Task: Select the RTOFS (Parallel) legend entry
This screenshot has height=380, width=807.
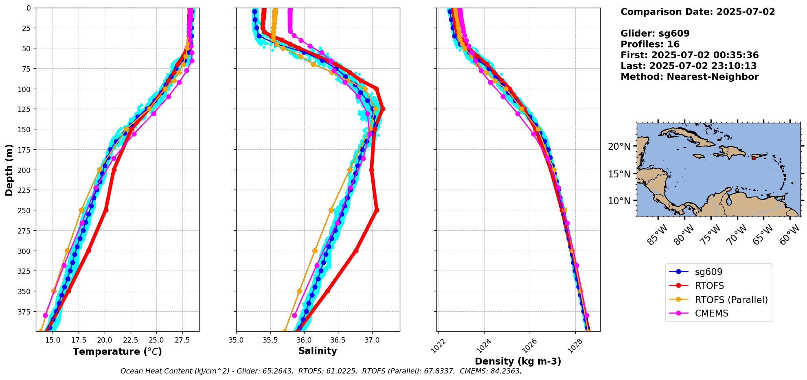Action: pyautogui.click(x=731, y=300)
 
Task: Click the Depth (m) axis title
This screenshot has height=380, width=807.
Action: pyautogui.click(x=9, y=170)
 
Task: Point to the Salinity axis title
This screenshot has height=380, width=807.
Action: pyautogui.click(x=318, y=351)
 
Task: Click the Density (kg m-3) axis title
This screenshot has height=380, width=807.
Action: pyautogui.click(x=518, y=361)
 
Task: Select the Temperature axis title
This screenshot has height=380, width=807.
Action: pyautogui.click(x=117, y=352)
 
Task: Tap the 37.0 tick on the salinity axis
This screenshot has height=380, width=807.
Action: pyautogui.click(x=371, y=340)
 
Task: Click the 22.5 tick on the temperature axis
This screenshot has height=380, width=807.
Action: pyautogui.click(x=130, y=340)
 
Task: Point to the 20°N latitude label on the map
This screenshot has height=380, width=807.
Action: pyautogui.click(x=619, y=146)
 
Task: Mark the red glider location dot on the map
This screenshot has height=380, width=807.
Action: pyautogui.click(x=754, y=158)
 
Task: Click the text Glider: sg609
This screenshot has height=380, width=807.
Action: pyautogui.click(x=655, y=33)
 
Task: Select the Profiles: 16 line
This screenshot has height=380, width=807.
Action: pyautogui.click(x=650, y=44)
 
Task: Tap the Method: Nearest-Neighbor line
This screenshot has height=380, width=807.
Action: pyautogui.click(x=689, y=77)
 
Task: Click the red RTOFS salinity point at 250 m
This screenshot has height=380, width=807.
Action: pyautogui.click(x=377, y=210)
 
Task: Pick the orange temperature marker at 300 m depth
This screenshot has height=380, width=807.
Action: pyautogui.click(x=67, y=251)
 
